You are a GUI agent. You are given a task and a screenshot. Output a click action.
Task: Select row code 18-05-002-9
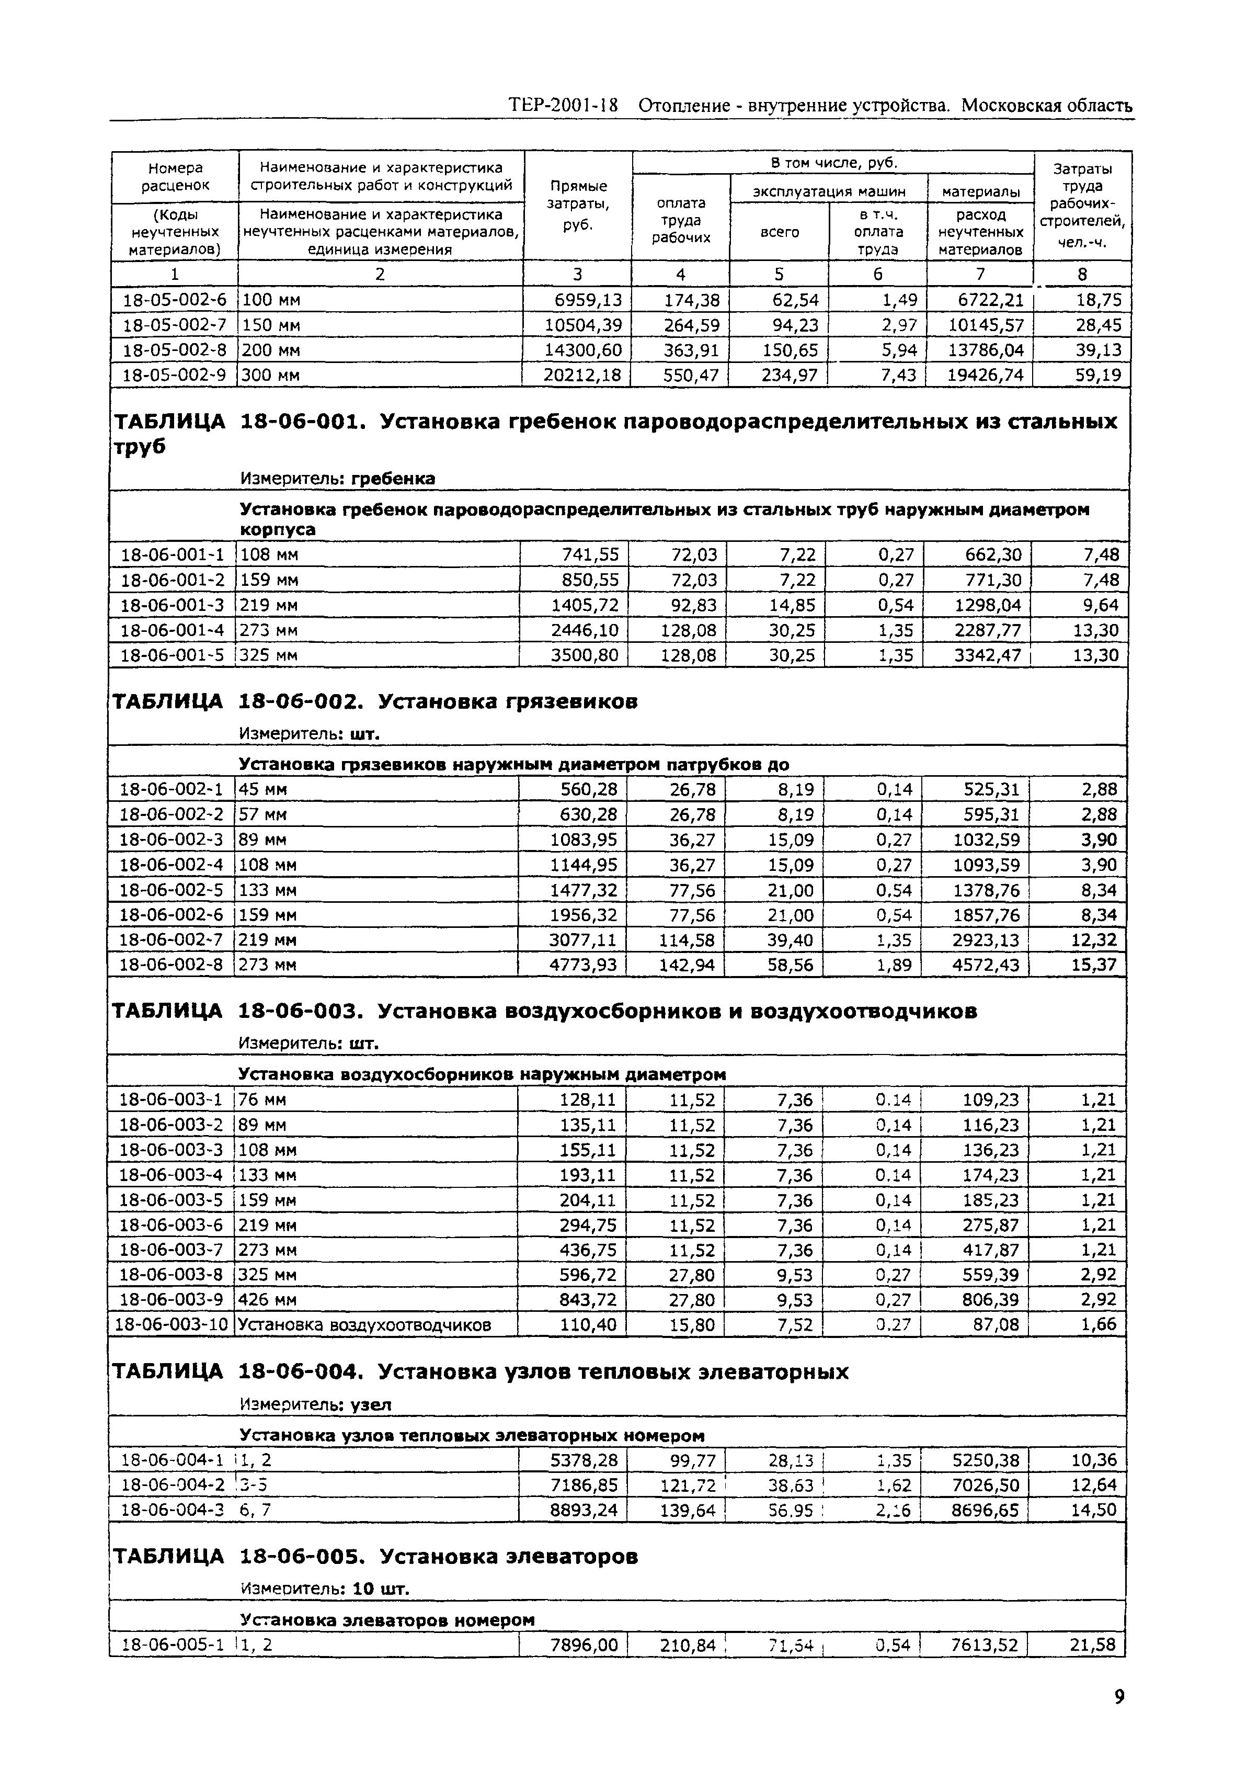(x=174, y=376)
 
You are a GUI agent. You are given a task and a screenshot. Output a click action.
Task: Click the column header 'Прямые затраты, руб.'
(x=577, y=205)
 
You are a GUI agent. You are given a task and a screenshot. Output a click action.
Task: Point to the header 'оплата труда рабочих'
(x=681, y=220)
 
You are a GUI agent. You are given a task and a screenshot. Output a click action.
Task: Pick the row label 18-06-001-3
(x=172, y=605)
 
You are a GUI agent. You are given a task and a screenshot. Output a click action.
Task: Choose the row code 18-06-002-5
(x=170, y=890)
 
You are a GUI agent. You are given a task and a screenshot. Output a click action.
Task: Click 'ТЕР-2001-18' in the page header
(x=563, y=105)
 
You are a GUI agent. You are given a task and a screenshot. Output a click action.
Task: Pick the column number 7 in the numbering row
(x=980, y=274)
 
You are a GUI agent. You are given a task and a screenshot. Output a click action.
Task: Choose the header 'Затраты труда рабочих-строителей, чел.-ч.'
(x=1082, y=205)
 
